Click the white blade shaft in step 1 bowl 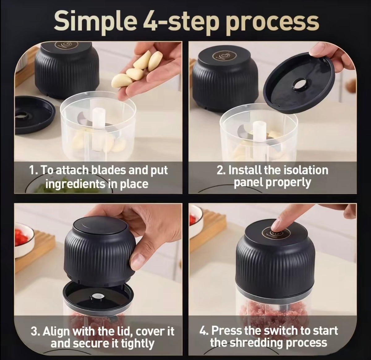[99, 130]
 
